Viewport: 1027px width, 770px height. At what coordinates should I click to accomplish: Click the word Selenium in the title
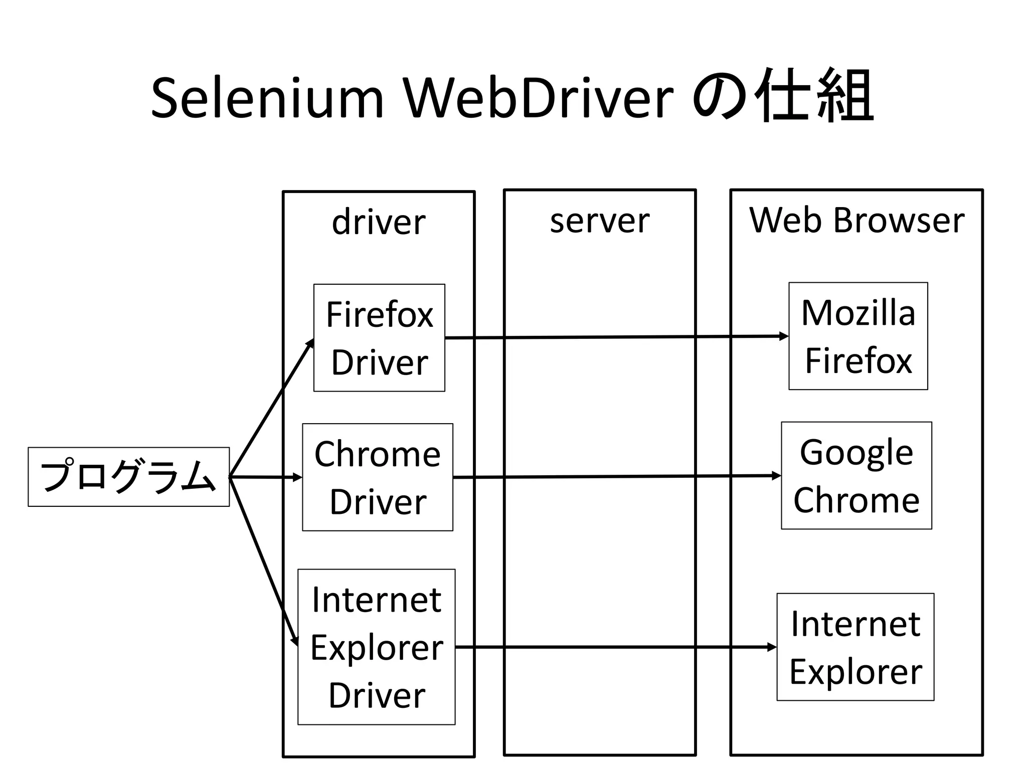(267, 98)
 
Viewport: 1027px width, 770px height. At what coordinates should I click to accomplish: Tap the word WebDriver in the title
(539, 98)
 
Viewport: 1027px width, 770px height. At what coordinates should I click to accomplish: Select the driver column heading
(379, 222)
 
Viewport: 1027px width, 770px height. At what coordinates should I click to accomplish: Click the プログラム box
(128, 477)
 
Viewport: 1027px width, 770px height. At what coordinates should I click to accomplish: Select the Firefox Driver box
(379, 338)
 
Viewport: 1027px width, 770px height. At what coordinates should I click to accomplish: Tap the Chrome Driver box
(377, 477)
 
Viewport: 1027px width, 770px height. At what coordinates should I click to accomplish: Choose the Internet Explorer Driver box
(376, 647)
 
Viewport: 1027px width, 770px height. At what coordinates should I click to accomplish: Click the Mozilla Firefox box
(858, 336)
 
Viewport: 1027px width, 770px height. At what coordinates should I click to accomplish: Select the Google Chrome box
(856, 475)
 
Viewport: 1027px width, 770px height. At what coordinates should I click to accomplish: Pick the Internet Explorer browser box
(855, 647)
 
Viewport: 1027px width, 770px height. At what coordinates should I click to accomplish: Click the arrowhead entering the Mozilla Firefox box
(784, 336)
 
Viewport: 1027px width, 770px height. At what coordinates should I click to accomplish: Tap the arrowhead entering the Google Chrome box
(777, 476)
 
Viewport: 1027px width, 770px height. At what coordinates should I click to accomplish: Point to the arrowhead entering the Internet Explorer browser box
(772, 647)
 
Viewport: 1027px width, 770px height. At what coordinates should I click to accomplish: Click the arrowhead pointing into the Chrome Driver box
(298, 478)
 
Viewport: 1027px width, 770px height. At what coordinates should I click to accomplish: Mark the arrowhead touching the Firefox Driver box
(310, 343)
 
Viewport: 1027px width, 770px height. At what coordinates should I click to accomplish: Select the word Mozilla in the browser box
(858, 313)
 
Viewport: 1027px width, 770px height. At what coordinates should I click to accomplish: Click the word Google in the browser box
(856, 453)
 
